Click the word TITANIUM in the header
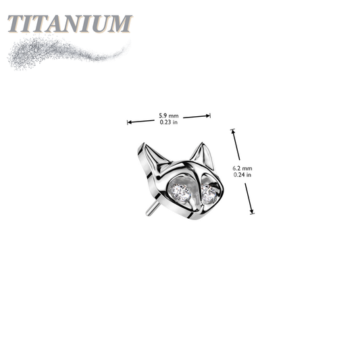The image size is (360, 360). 70,24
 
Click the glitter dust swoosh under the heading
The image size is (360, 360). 67,53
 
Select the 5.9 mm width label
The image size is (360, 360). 169,115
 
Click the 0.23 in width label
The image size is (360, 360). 169,122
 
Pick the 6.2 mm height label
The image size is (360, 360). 242,168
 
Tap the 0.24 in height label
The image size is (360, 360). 242,175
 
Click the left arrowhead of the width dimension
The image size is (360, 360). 129,122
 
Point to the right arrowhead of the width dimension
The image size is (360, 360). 208,115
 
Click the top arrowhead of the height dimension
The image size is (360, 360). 233,131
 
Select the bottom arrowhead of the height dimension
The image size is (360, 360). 252,211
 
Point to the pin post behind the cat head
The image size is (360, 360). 151,208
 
